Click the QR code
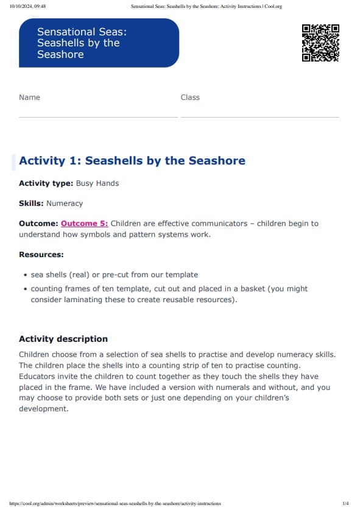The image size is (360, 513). (320, 43)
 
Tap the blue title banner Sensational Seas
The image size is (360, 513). (99, 43)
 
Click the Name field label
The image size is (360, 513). (29, 97)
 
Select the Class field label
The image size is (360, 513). (190, 97)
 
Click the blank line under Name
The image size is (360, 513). (97, 116)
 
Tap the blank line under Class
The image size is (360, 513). (260, 116)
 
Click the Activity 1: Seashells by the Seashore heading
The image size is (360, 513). (132, 161)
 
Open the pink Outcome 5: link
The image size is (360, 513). (84, 224)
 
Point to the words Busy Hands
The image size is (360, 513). (97, 183)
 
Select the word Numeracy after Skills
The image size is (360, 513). (65, 203)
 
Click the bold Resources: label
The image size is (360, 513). (41, 255)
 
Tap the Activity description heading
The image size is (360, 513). (63, 339)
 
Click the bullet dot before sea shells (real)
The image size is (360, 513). (24, 275)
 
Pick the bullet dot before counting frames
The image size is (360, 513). (24, 289)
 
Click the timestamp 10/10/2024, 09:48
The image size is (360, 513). (28, 7)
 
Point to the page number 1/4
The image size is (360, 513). (345, 504)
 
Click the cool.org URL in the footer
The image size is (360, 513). (116, 504)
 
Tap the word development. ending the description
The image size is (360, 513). (44, 409)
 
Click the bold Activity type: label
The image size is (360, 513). (46, 183)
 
